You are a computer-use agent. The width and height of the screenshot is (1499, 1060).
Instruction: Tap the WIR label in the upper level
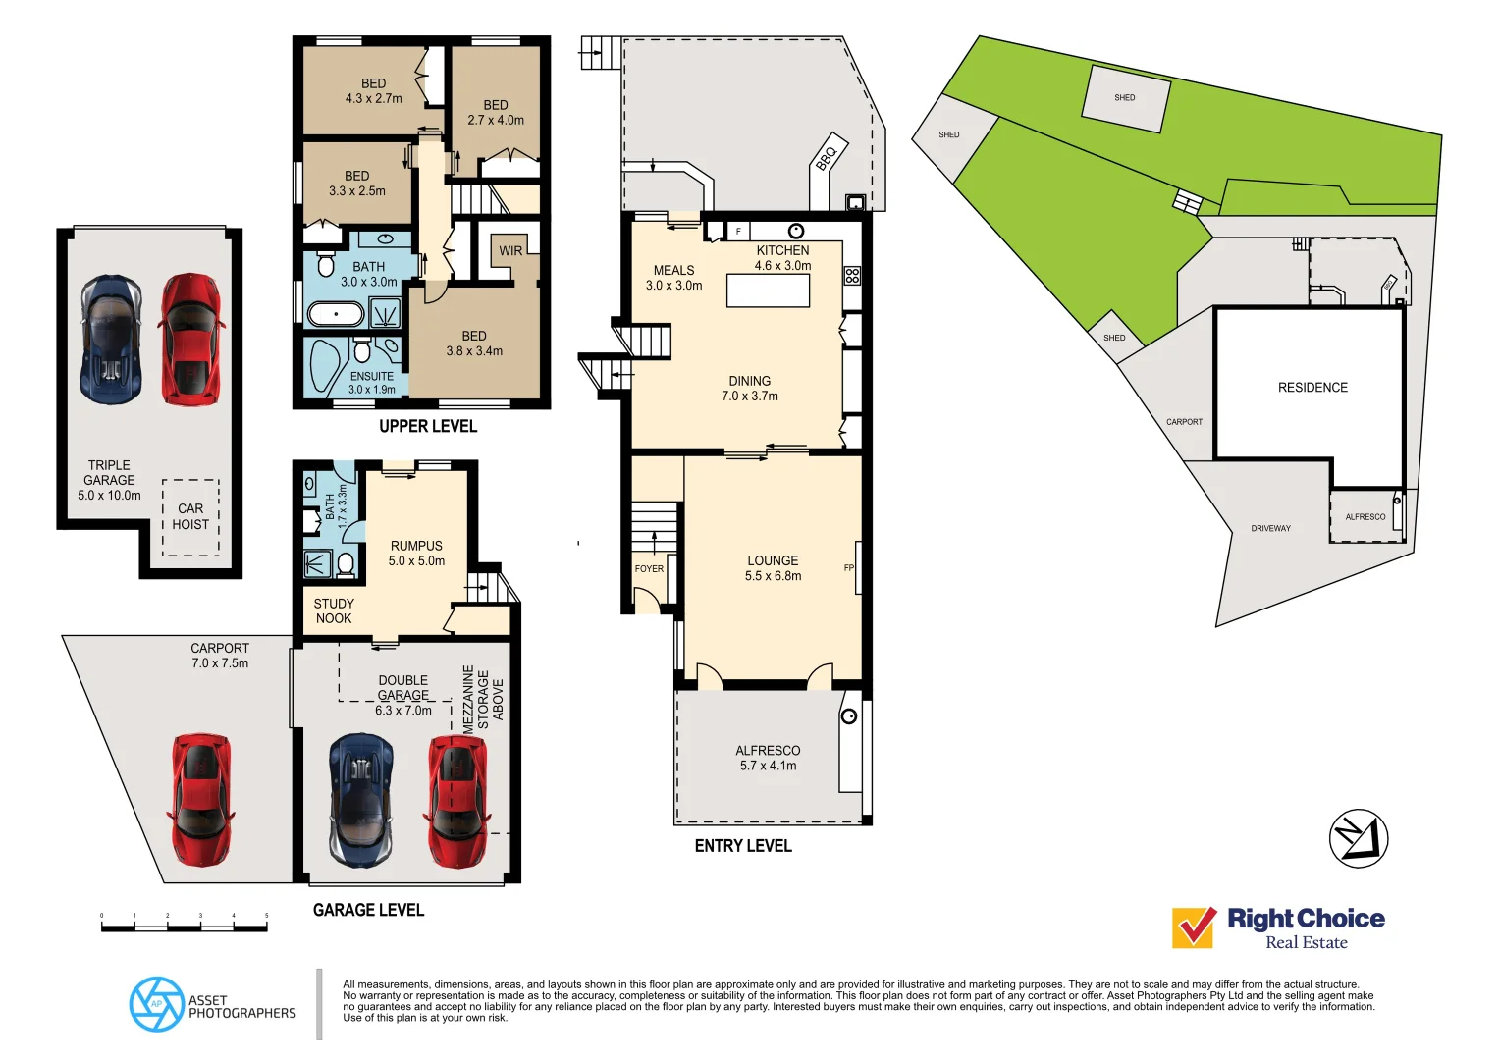pos(510,251)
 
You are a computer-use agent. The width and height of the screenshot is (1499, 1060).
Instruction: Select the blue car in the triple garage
pos(111,339)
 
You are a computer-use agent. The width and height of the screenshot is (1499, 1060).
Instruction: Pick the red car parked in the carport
pos(201,799)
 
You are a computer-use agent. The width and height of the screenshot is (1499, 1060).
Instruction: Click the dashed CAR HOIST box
pos(190,517)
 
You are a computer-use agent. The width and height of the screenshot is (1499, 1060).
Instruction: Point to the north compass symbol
pos(1359,838)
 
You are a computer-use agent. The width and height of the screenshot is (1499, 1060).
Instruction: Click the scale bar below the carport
pos(184,925)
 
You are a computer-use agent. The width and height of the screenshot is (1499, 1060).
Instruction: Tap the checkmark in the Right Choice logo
pos(1194,927)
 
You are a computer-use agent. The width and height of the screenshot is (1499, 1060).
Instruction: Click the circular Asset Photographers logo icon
pos(156,1004)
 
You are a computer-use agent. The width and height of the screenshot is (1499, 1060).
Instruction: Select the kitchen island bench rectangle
pos(768,291)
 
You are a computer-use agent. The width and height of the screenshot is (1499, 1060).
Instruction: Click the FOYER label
pos(649,569)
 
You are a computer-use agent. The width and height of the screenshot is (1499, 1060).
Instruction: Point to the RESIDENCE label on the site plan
pos(1312,388)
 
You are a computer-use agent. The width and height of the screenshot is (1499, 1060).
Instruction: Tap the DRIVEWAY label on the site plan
pos(1270,529)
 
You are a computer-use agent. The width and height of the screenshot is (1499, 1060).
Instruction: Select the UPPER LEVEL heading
pos(428,426)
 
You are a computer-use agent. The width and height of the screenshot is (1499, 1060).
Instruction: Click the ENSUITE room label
pos(372,377)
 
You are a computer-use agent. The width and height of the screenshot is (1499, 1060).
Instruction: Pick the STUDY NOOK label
pos(334,610)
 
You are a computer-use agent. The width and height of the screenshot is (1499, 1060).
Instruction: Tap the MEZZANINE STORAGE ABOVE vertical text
pos(483,698)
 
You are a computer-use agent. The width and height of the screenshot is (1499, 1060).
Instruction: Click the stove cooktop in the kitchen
pos(852,276)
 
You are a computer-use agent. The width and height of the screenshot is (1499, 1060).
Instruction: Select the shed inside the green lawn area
pos(1126,98)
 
